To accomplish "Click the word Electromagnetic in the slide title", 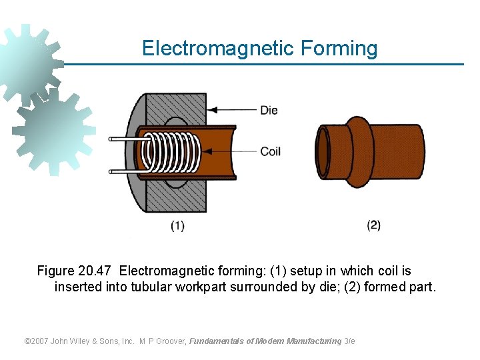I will pos(218,49).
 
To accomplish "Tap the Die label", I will pos(269,110).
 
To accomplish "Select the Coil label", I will pos(270,151).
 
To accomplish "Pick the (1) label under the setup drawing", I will pos(177,226).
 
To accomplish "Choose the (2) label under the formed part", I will pos(374,225).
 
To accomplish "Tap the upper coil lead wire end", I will pos(113,139).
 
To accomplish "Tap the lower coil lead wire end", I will pos(113,171).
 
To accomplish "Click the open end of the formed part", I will pos(324,153).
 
